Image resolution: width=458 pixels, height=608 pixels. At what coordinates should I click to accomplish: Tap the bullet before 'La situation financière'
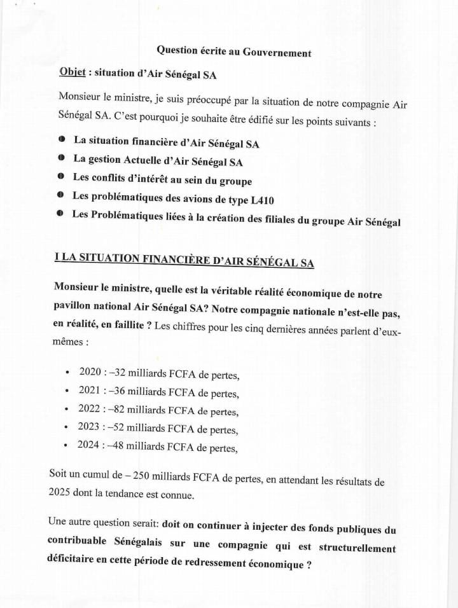pos(61,139)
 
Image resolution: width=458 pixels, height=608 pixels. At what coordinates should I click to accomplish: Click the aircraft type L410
pos(260,200)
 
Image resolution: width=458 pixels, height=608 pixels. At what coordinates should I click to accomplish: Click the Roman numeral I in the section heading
pos(57,257)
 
